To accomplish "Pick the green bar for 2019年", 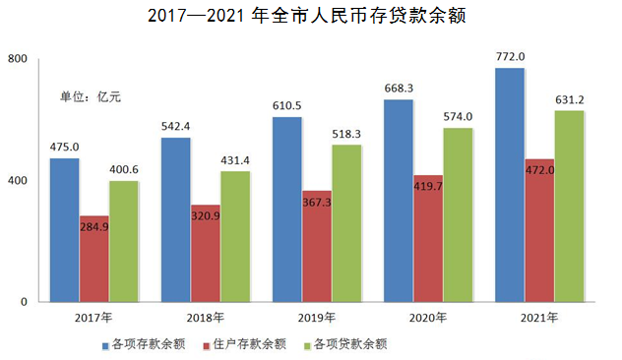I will (x=345, y=223).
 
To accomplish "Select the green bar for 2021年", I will (x=568, y=206).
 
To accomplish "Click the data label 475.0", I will (x=64, y=148).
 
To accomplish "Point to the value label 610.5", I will (x=286, y=105).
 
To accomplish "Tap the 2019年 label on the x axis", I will (x=316, y=318).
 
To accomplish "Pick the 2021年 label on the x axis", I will (x=538, y=318).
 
